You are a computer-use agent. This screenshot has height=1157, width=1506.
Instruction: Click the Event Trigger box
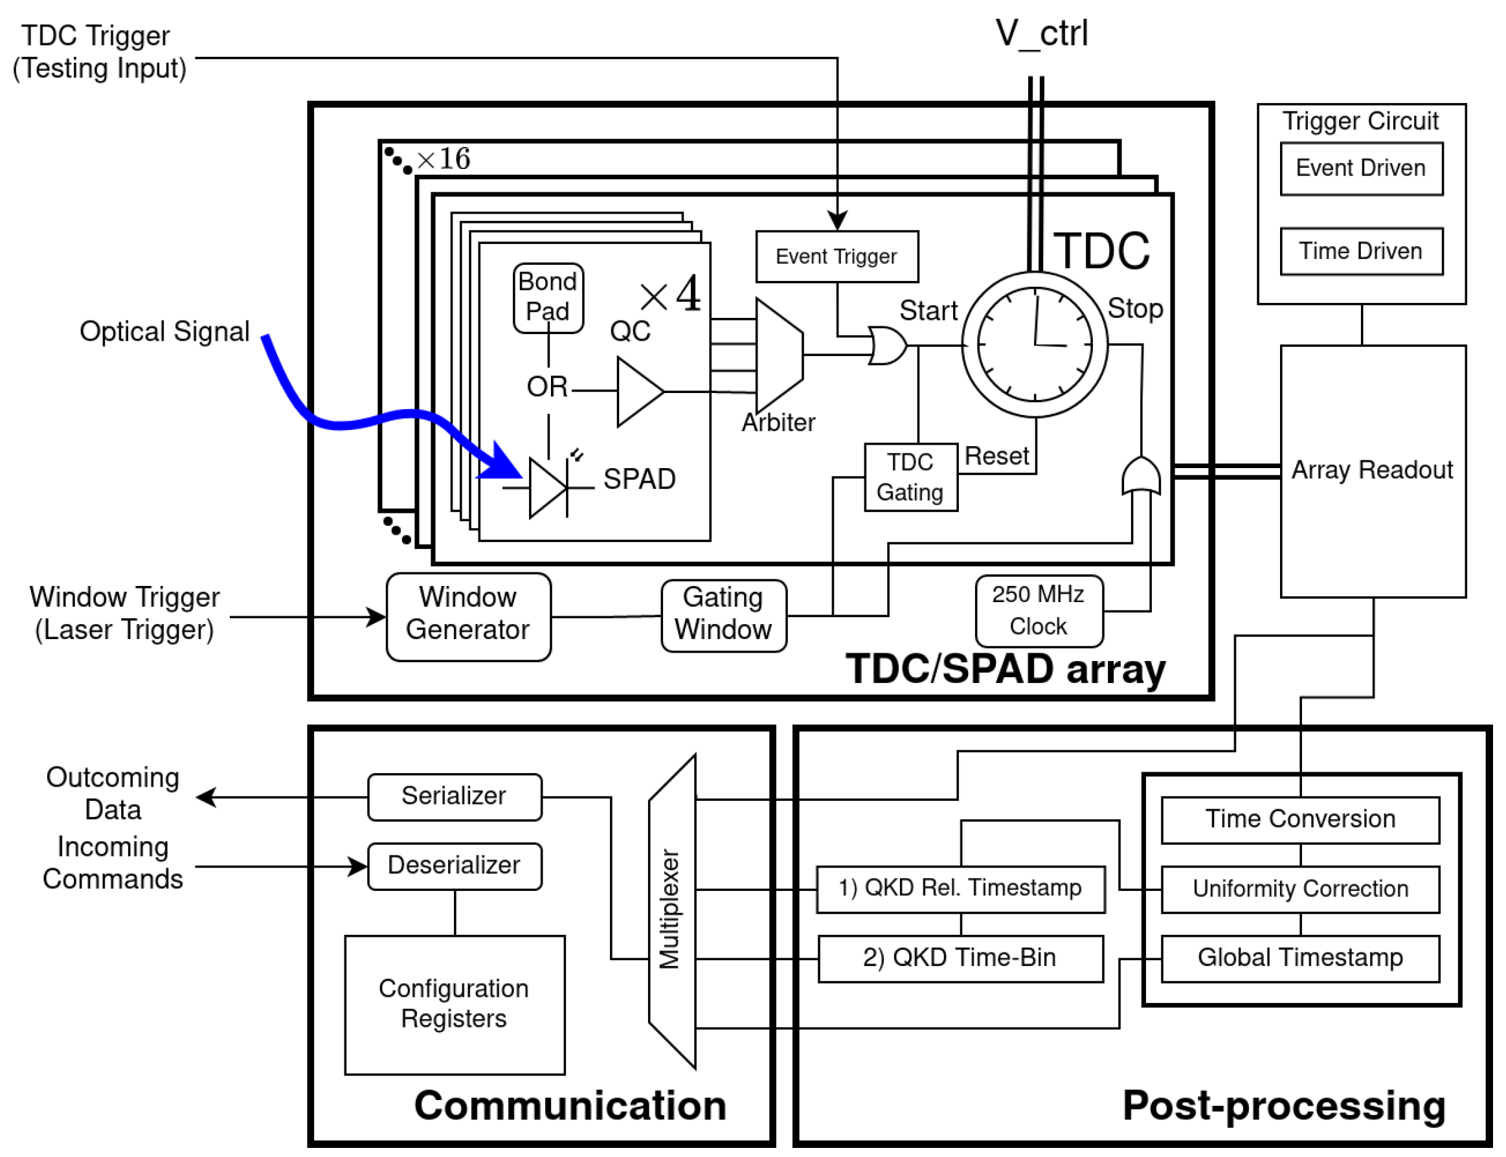point(836,256)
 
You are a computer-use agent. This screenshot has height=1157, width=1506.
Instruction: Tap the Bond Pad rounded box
point(548,298)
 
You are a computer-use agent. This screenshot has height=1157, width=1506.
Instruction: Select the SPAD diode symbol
point(548,487)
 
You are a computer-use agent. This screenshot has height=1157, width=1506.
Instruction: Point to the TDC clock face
point(1033,344)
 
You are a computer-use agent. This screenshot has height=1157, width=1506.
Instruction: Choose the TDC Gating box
point(910,477)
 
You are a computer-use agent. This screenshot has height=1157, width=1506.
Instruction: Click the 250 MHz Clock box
point(1038,610)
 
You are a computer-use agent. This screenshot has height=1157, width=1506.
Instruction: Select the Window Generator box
point(467,616)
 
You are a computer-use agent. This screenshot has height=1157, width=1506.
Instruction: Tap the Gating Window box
point(723,614)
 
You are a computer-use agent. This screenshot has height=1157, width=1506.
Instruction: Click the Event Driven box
point(1360,169)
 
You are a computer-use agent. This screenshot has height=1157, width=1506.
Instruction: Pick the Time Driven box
point(1360,251)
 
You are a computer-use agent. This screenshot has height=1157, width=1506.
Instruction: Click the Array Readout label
point(1371,469)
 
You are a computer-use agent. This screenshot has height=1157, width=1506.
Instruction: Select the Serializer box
point(454,796)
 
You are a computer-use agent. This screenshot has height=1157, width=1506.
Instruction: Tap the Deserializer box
point(454,866)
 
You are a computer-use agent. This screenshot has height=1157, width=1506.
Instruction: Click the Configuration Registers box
point(454,1004)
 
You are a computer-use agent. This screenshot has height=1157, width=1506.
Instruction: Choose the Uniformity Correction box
point(1299,889)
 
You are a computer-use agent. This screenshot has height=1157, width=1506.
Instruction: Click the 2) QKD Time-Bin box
point(960,958)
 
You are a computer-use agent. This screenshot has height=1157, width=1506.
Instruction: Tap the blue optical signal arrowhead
point(502,463)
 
